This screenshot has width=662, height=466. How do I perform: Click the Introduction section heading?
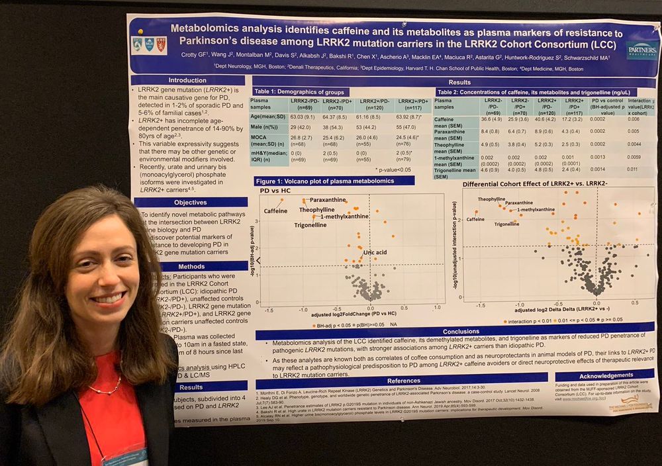tap(169, 80)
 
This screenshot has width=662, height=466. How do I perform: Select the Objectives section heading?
tap(191, 203)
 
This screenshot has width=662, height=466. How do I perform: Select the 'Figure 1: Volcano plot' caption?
tap(334, 181)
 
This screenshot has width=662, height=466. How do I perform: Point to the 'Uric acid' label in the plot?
tap(374, 252)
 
